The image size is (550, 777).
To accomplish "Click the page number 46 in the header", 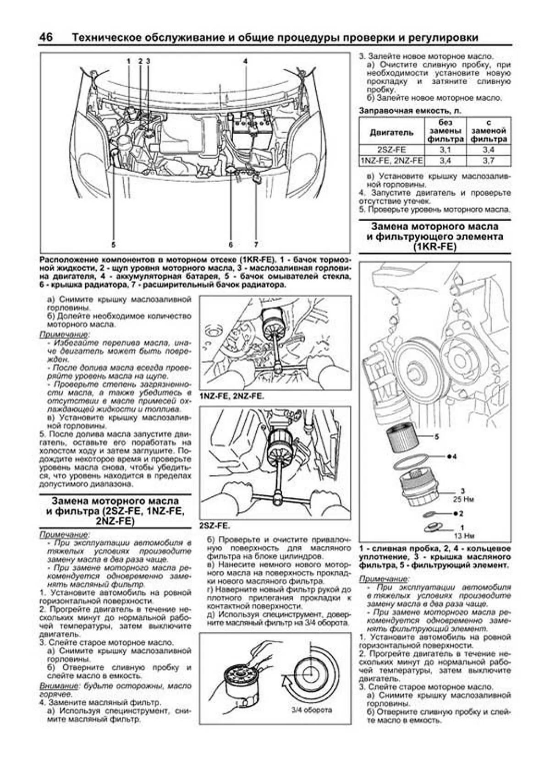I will (x=46, y=37).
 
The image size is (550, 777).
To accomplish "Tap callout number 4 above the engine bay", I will (x=246, y=61).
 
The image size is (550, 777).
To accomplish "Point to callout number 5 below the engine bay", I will (x=113, y=244).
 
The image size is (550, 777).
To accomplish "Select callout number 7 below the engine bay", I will (x=256, y=244).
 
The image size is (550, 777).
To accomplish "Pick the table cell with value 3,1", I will (x=445, y=150).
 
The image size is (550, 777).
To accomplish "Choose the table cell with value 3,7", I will (x=489, y=161).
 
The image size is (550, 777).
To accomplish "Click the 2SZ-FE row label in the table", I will (x=391, y=150).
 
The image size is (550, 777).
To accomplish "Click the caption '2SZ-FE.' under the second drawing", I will (x=215, y=526).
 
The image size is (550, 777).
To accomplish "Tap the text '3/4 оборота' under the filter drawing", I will (x=312, y=710).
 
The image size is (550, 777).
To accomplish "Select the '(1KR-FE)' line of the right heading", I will (x=434, y=247).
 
